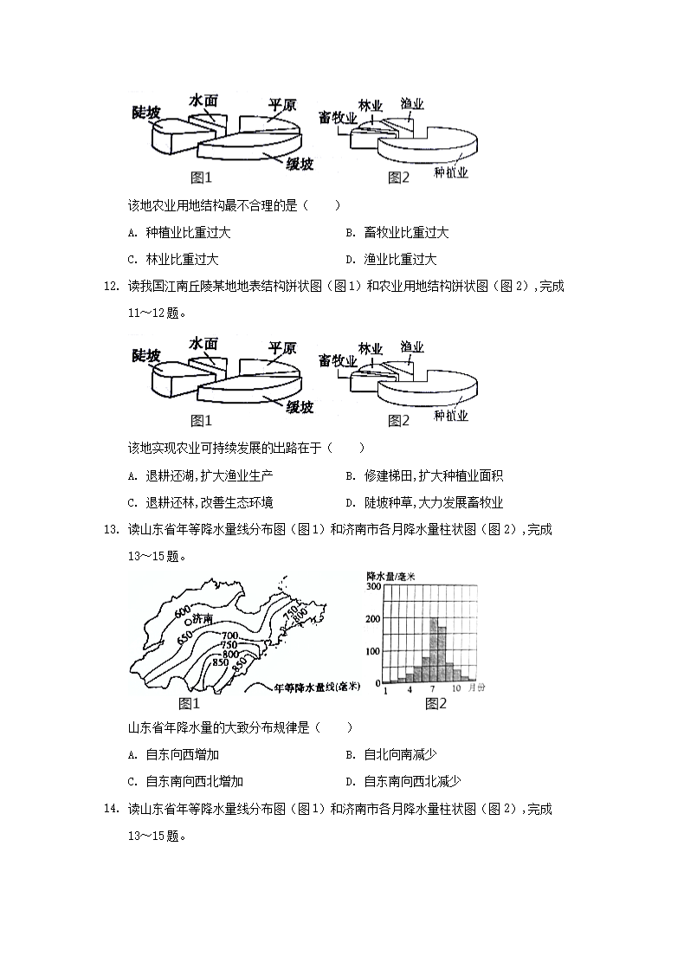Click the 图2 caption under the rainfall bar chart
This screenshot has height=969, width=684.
pos(436,703)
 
